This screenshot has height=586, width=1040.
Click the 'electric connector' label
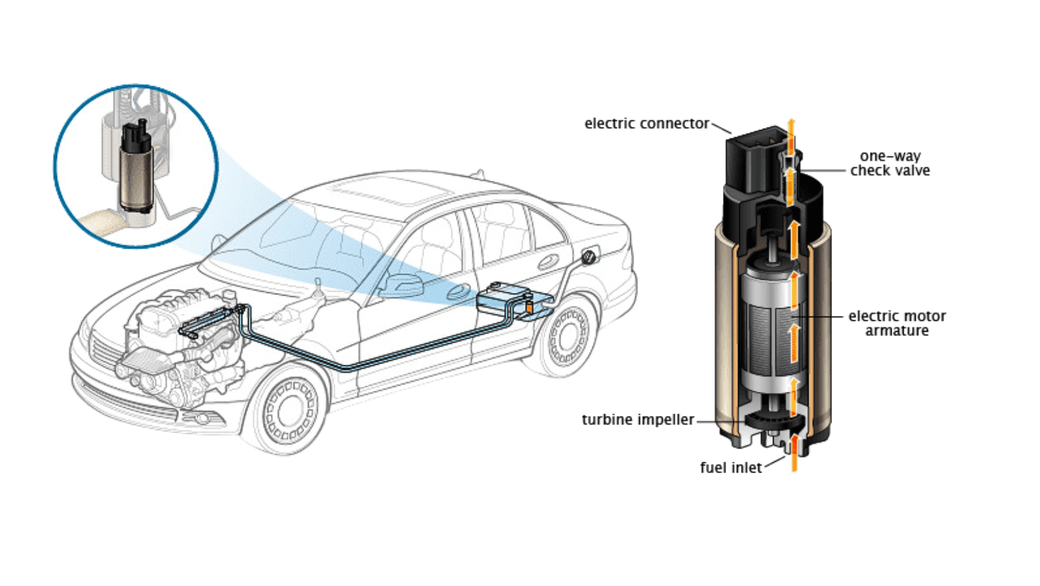coord(646,124)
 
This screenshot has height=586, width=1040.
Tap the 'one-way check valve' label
coord(890,164)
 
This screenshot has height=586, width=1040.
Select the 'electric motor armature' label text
coord(897,323)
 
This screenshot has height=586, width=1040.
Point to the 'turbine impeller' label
coord(637,420)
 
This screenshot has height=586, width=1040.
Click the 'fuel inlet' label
coord(731,468)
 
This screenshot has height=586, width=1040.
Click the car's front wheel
coord(289,410)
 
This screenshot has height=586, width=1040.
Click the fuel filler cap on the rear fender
coord(588,257)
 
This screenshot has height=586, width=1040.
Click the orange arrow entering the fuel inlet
coord(794,453)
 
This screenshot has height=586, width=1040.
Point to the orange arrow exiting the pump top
coord(791,130)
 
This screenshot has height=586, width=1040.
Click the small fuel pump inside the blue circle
coord(136,168)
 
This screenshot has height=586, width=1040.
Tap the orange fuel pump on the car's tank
coord(529,308)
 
